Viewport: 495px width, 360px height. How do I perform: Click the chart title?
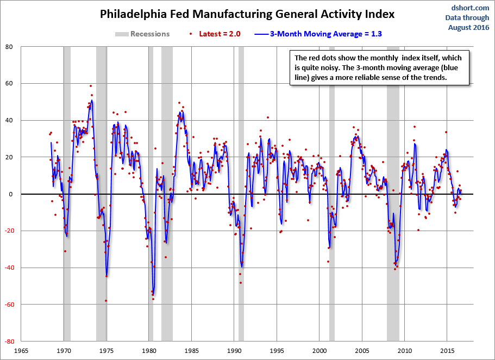247,14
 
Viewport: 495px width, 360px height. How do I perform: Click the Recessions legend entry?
142,34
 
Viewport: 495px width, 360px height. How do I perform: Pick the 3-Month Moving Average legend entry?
319,34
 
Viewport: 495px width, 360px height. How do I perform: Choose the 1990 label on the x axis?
234,351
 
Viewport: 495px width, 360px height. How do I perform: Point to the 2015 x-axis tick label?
447,351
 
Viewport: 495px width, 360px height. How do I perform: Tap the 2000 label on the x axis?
319,351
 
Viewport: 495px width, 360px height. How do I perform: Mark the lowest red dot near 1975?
106,300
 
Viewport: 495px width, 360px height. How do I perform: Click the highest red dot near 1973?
91,85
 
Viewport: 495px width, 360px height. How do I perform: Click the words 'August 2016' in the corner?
468,27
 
